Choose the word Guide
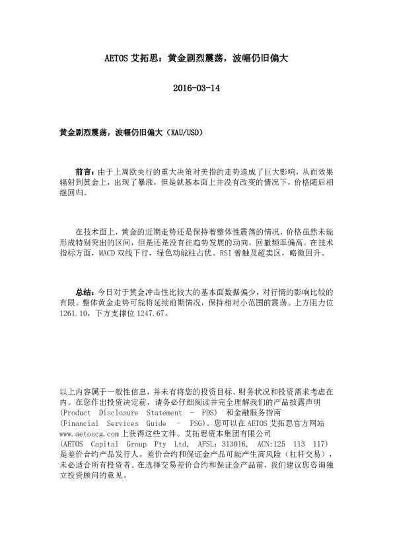click(159, 423)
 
